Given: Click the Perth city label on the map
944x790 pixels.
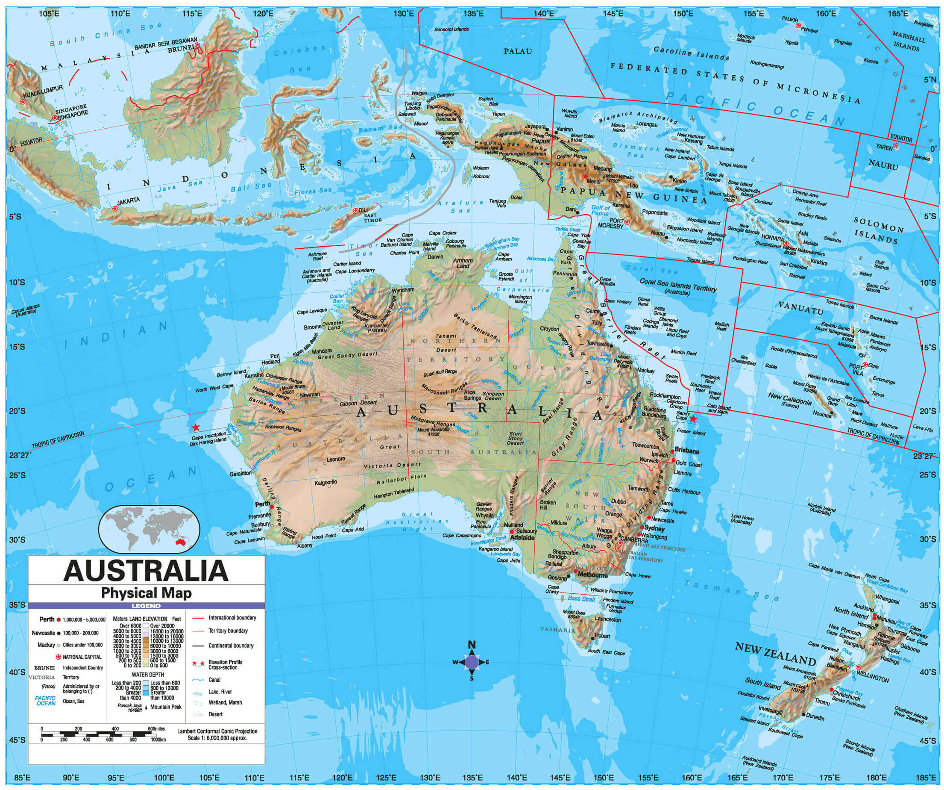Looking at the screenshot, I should pyautogui.click(x=263, y=504).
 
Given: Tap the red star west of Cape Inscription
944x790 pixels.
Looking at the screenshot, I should pyautogui.click(x=196, y=427).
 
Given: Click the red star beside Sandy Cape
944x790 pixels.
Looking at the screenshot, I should pyautogui.click(x=693, y=419).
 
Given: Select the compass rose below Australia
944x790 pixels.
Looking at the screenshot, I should pyautogui.click(x=472, y=662).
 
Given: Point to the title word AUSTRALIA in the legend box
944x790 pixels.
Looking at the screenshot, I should pyautogui.click(x=146, y=570).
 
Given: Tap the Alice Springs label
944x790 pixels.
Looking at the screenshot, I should pyautogui.click(x=472, y=395).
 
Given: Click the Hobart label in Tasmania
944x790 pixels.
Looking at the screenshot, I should pyautogui.click(x=602, y=636).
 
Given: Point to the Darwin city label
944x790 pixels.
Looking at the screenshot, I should pyautogui.click(x=435, y=256).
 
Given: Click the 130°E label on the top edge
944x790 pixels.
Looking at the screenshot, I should pyautogui.click(x=404, y=14).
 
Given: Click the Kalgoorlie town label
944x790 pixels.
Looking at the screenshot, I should pyautogui.click(x=325, y=483).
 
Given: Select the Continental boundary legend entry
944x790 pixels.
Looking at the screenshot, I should pyautogui.click(x=231, y=646).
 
